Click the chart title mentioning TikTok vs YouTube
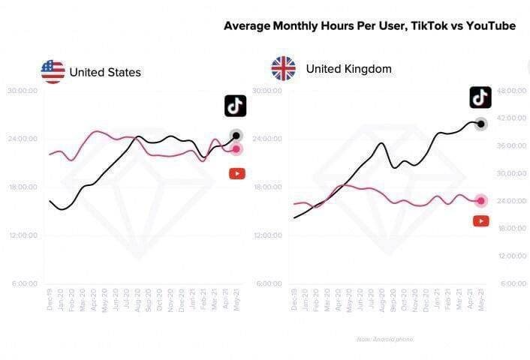tap(369, 25)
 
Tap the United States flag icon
tap(53, 72)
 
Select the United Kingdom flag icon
tap(283, 69)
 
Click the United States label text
tap(105, 73)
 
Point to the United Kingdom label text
tap(348, 69)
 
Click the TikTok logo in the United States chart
tap(235, 106)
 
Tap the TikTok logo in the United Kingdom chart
tap(480, 97)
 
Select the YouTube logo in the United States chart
tap(236, 173)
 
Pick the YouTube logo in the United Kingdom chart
tap(481, 220)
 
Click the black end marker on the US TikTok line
tap(236, 136)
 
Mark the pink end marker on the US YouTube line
tap(236, 149)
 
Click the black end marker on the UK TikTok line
tap(480, 124)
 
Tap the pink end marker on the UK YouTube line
tap(480, 200)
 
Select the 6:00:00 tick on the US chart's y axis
tap(23, 283)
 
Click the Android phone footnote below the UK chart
tap(384, 339)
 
